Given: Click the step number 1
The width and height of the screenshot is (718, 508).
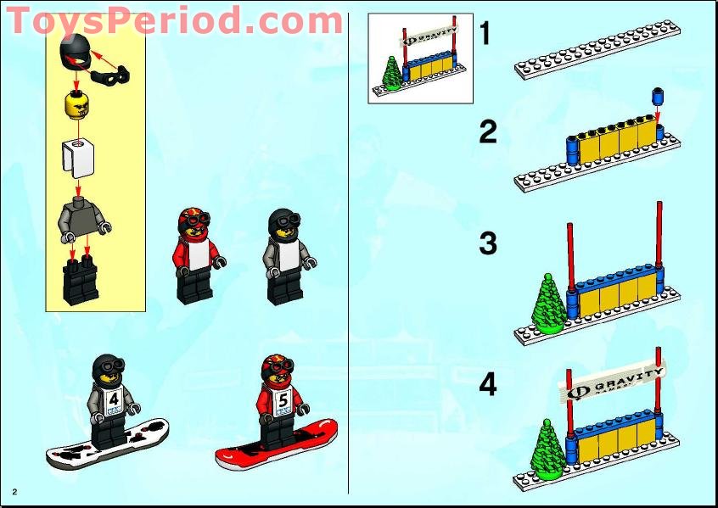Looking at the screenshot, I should click(x=485, y=34).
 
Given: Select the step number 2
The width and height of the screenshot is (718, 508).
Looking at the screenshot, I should click(x=487, y=132).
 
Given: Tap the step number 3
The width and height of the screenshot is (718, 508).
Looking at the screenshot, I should click(x=487, y=244).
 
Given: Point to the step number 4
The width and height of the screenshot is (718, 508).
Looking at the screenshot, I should click(x=487, y=384).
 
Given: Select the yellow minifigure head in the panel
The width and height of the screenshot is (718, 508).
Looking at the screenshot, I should click(x=77, y=108).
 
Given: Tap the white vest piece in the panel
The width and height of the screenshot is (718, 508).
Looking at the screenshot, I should click(x=78, y=157).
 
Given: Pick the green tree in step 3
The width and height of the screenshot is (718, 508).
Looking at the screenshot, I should click(x=549, y=303).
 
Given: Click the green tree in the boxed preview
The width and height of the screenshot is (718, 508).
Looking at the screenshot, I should click(x=392, y=73).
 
